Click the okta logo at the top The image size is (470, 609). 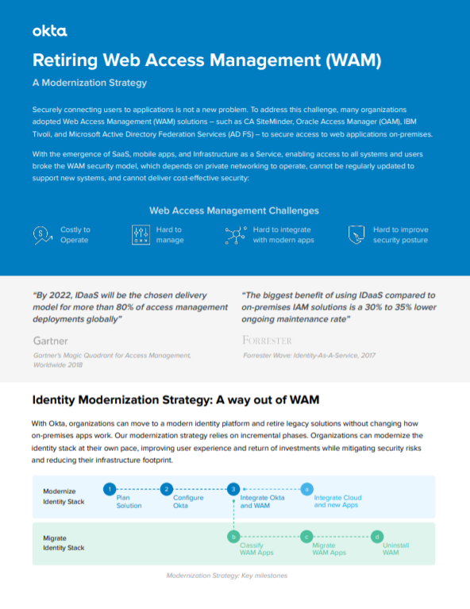[x=49, y=31]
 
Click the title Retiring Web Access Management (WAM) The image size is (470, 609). [x=207, y=60]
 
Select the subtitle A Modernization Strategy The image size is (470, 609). [x=89, y=83]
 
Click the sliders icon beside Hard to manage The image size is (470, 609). [x=140, y=234]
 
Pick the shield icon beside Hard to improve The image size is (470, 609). [x=356, y=234]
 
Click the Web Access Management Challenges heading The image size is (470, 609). [x=234, y=210]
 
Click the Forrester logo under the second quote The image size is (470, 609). [x=267, y=340]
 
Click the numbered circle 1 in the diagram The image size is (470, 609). [x=110, y=489]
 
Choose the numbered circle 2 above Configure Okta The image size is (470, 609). [x=166, y=489]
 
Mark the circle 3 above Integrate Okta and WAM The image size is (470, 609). [x=233, y=489]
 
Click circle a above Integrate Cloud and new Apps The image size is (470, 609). [x=307, y=489]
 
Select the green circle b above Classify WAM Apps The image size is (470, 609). [x=233, y=537]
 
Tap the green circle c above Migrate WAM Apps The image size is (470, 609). [x=306, y=537]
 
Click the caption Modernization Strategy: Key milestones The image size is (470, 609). [x=226, y=576]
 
